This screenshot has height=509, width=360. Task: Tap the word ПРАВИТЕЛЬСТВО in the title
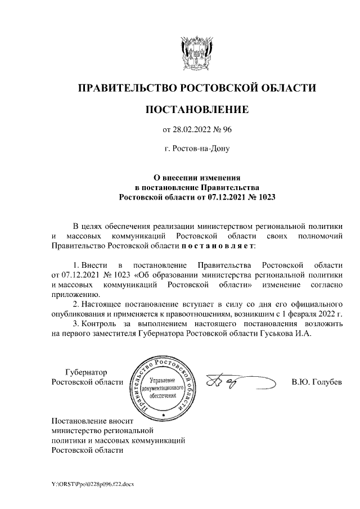pyautogui.click(x=125, y=88)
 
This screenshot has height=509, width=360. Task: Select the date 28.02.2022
pyautogui.click(x=193, y=130)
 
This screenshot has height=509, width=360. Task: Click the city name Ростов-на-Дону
pyautogui.click(x=197, y=149)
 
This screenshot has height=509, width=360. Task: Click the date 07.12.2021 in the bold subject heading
pyautogui.click(x=222, y=197)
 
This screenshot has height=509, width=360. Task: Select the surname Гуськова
pyautogui.click(x=288, y=332)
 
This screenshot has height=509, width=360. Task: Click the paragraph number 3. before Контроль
pyautogui.click(x=76, y=323)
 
